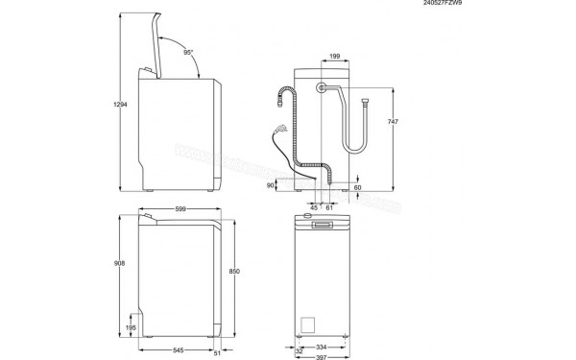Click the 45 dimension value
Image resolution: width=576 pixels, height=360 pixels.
point(314,206)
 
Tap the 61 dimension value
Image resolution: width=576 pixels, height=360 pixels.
point(329,206)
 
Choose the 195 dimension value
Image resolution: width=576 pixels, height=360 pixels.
point(132,328)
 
